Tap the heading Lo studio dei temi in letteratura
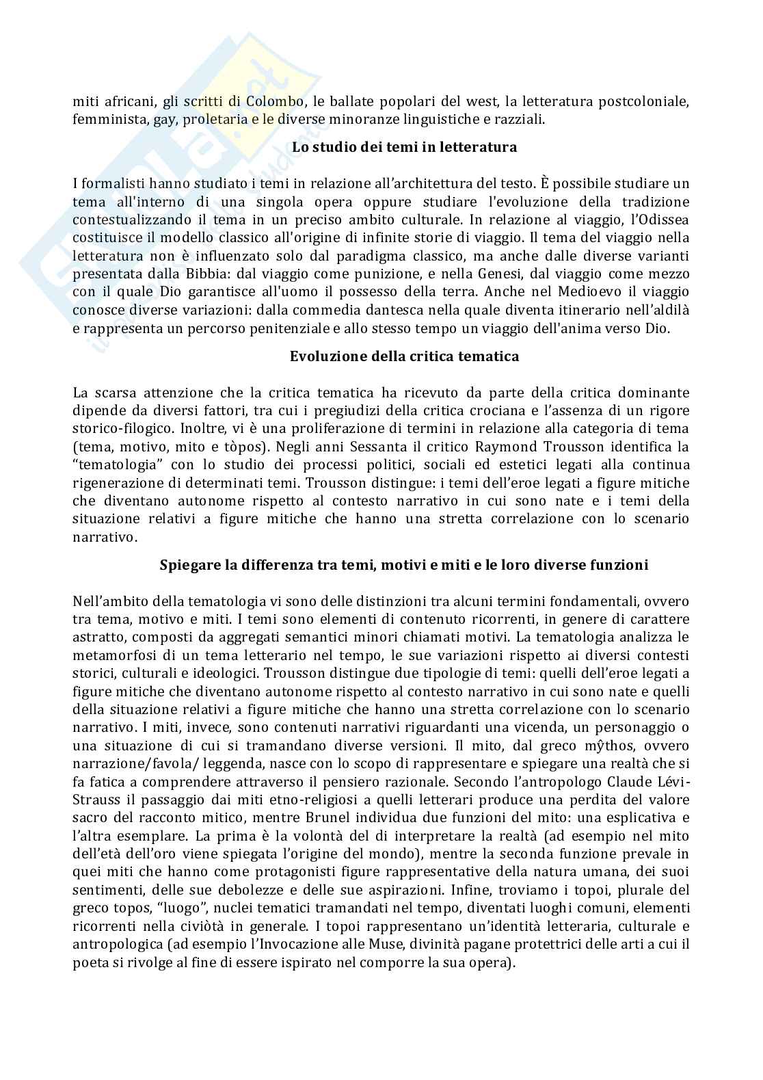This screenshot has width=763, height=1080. (x=404, y=147)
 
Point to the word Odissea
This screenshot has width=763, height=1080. (x=662, y=220)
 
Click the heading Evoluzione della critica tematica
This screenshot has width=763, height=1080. (x=404, y=356)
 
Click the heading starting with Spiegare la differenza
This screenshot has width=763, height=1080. (x=404, y=566)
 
